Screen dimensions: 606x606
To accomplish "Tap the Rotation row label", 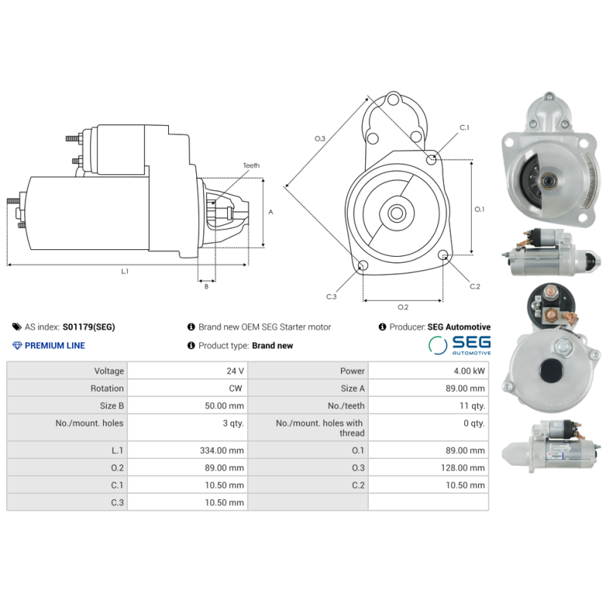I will point(107,389).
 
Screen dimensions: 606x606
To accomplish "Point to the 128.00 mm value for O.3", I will point(464,468).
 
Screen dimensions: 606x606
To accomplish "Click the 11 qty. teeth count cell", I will point(473,406).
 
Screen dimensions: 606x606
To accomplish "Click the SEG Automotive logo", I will point(459,345).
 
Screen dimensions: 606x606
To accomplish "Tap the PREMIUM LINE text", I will point(55,345).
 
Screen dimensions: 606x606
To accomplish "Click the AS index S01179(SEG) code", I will point(89,327).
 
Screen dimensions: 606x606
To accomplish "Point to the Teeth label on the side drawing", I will point(251,165).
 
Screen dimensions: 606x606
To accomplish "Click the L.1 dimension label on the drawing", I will point(125,271).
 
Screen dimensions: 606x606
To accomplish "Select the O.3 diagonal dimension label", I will point(320,139).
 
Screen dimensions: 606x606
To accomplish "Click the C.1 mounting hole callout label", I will point(464,127).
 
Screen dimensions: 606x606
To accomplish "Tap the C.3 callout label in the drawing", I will point(331,296).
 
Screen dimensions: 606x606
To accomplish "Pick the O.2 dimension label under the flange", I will point(403,307).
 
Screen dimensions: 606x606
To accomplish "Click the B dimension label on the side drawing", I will point(206,286).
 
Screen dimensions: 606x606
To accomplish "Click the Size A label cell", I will point(353,389).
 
